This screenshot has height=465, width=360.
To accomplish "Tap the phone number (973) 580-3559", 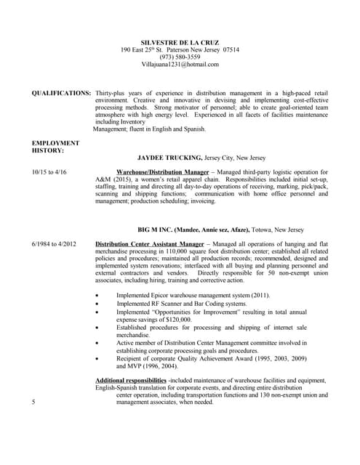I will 180,57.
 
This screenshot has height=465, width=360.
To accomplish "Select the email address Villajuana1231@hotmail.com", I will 180,65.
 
